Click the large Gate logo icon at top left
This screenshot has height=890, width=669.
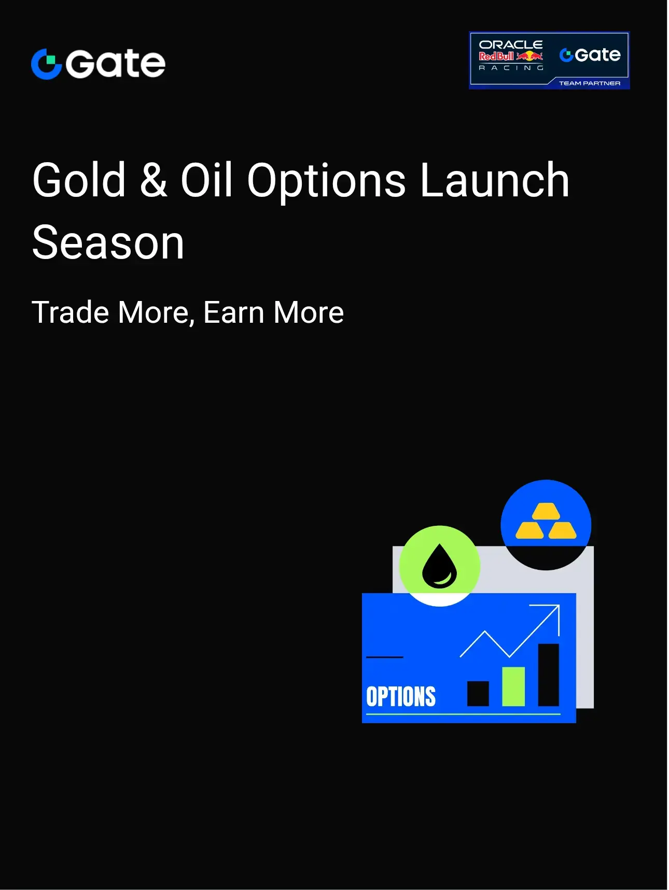[x=46, y=64]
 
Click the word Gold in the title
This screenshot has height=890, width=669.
[x=79, y=180]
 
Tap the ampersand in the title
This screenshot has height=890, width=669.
[x=154, y=180]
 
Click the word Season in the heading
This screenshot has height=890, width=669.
[x=108, y=243]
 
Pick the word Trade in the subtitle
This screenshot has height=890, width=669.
[x=71, y=312]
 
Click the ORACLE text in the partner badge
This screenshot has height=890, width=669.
[x=511, y=45]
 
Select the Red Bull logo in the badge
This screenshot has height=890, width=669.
[x=511, y=56]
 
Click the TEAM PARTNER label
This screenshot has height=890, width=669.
[x=590, y=83]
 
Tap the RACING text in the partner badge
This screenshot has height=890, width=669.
[x=511, y=68]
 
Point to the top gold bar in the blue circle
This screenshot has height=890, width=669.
[x=546, y=511]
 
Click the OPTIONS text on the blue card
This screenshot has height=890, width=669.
[x=401, y=697]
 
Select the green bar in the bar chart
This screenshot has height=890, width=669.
[x=513, y=686]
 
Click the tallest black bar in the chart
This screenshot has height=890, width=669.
[x=548, y=675]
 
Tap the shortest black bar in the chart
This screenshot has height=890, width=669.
[x=478, y=694]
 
